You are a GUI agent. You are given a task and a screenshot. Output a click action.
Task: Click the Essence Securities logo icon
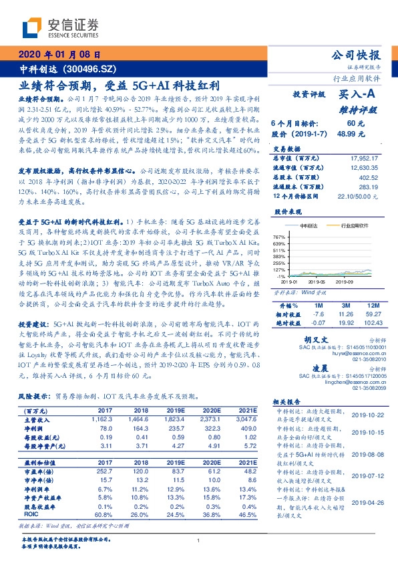[33, 27]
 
